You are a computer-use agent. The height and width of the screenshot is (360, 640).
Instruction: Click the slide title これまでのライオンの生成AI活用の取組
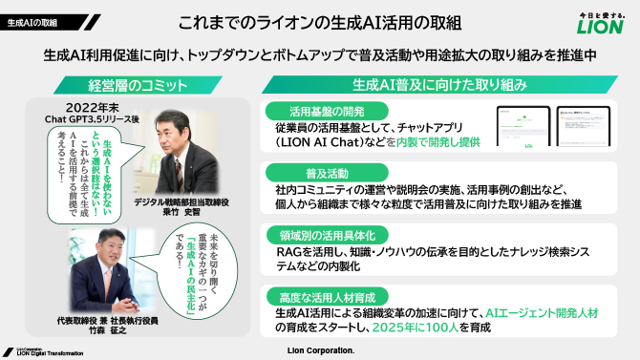pos(319,20)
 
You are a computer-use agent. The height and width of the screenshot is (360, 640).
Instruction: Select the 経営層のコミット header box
pos(131,84)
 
